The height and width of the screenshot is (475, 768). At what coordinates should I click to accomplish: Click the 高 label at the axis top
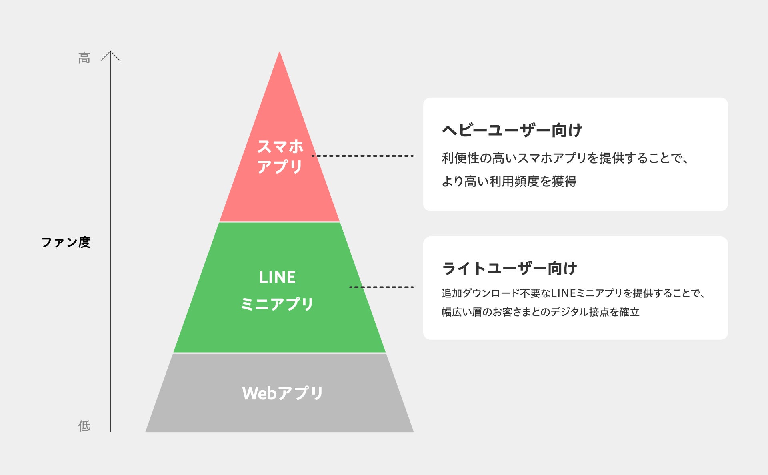point(84,58)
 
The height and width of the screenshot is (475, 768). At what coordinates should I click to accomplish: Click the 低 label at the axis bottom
point(84,426)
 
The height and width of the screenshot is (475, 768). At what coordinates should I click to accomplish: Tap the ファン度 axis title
point(66,242)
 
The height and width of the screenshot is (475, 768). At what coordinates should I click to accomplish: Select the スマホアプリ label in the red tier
point(280,156)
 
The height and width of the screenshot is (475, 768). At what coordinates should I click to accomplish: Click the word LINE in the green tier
point(277,277)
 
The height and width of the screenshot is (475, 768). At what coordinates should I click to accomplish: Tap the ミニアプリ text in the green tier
point(277,304)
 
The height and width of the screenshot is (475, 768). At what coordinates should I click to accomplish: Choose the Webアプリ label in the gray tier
point(282,393)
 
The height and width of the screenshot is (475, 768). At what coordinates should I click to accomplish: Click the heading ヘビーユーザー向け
point(512,130)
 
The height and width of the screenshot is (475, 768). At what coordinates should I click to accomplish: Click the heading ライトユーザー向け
point(510,268)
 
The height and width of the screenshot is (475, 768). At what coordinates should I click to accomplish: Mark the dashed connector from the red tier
point(362,156)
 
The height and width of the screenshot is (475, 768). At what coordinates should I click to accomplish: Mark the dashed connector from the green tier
point(381,287)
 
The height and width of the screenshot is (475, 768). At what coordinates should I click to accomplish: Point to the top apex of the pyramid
point(280,53)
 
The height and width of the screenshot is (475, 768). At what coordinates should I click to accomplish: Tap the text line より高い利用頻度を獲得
point(509,181)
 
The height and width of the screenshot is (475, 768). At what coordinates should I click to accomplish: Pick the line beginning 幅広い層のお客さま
point(540,312)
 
